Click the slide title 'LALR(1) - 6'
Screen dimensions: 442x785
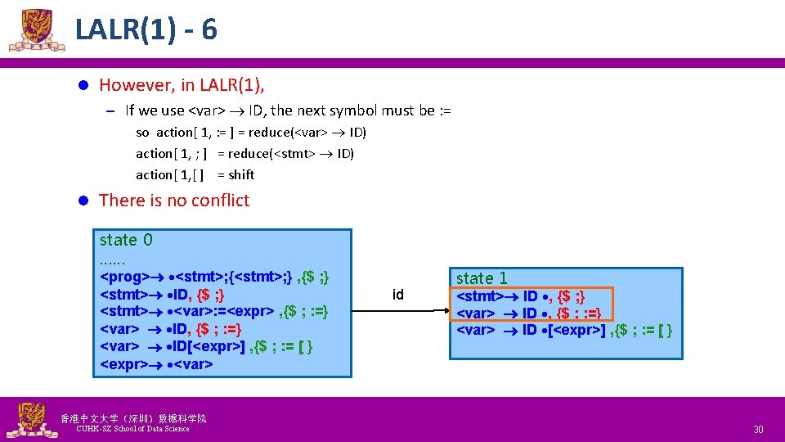(x=146, y=30)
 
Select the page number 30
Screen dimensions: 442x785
(x=758, y=430)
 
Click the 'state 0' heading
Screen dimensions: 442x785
(x=126, y=240)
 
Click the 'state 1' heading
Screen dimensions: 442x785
(x=482, y=278)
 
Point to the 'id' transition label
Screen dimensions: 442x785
(x=398, y=295)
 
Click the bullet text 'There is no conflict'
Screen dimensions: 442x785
(x=173, y=201)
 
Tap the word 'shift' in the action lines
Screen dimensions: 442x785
(x=241, y=174)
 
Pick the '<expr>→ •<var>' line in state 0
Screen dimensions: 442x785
(x=156, y=364)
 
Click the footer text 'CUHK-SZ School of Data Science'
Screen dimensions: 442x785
(x=132, y=429)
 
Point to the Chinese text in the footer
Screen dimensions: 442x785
(x=133, y=418)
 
